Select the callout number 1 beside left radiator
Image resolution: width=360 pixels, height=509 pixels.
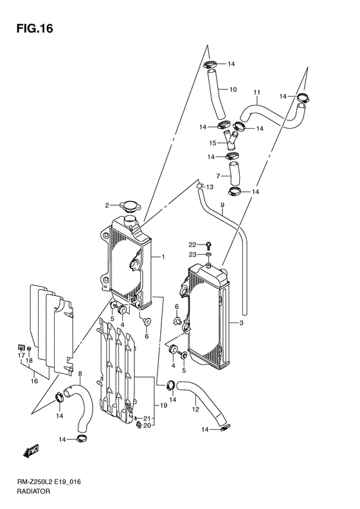coord(163,257)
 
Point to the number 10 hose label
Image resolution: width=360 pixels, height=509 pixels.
coord(234,89)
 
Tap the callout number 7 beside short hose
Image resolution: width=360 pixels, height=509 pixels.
coord(219,175)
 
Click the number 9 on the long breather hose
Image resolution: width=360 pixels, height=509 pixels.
coord(222,207)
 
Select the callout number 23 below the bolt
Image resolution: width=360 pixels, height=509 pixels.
coord(192,254)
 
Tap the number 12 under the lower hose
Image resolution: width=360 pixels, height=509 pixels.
coord(194,409)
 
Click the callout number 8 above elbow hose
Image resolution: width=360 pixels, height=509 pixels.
coord(80,374)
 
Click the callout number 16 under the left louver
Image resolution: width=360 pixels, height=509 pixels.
coord(34,381)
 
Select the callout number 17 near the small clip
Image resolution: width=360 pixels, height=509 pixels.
coord(21,355)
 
